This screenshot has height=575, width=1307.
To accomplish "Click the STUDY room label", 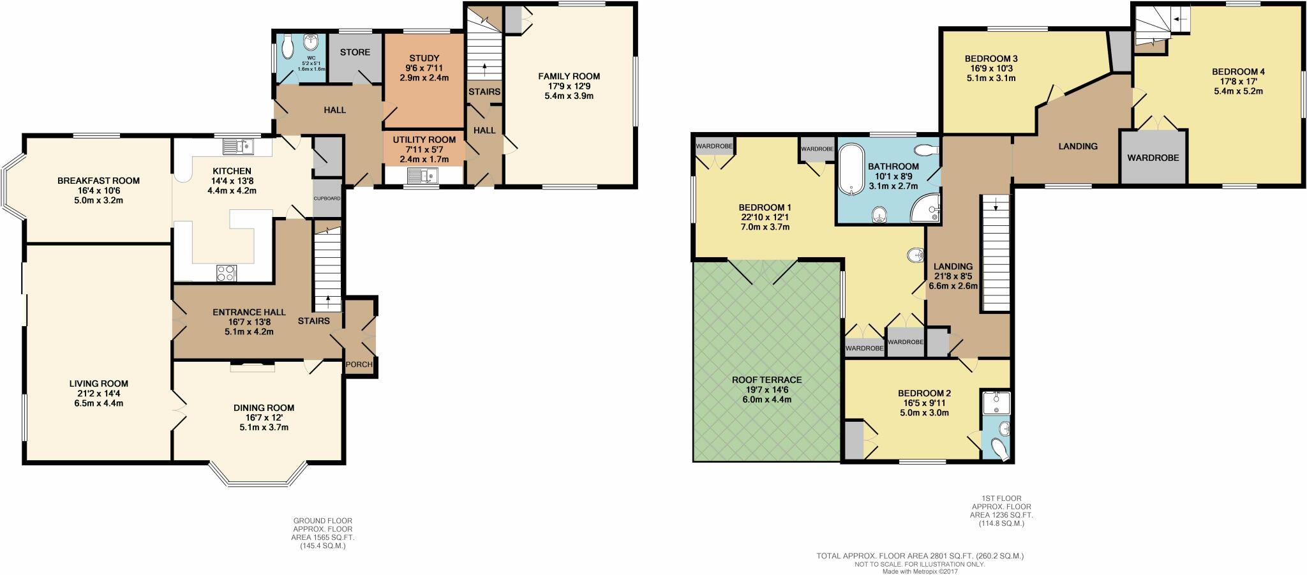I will click(424, 58).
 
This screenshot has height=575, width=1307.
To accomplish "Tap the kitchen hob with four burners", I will click(226, 273).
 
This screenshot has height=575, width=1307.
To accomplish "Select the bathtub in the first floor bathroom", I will click(851, 169).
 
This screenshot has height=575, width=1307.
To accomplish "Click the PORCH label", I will click(359, 364).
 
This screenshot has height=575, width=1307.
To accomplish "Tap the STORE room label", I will click(355, 52).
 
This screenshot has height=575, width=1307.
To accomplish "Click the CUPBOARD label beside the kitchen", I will click(327, 198).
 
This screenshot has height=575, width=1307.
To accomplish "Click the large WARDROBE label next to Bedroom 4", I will click(1153, 157).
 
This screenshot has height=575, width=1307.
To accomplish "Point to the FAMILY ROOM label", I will click(569, 76).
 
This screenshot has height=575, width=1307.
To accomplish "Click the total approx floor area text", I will click(920, 556).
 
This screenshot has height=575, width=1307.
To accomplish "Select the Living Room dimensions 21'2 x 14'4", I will click(98, 393).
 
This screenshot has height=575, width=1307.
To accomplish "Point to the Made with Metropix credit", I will click(920, 571).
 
